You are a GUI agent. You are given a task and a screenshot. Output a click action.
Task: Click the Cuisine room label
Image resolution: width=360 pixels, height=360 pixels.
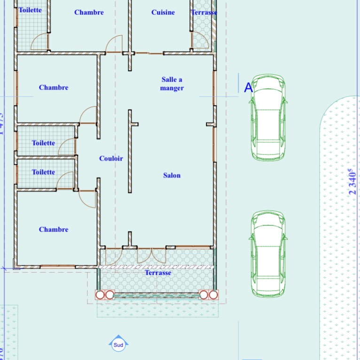(x=163, y=12)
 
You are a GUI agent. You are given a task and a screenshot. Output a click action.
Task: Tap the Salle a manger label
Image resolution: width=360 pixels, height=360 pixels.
(x=172, y=84)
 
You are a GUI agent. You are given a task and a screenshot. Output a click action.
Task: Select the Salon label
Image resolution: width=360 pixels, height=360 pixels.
(x=172, y=175)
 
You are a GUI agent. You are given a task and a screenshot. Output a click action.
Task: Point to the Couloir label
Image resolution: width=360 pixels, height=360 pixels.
(x=111, y=158)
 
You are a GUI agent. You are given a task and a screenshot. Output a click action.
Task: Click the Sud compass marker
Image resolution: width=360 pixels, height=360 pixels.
(x=118, y=345)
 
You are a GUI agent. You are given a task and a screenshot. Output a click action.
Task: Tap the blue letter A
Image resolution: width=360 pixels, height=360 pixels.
(x=248, y=87)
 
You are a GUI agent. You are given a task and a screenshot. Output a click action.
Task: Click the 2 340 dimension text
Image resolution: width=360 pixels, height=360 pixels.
(x=352, y=182)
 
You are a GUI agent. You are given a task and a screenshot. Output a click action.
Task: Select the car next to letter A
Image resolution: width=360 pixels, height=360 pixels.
(x=268, y=117)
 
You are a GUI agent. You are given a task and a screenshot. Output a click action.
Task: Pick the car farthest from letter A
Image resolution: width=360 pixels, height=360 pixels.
(x=268, y=253)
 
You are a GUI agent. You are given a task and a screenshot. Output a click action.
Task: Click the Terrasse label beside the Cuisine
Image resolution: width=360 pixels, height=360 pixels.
(x=204, y=12)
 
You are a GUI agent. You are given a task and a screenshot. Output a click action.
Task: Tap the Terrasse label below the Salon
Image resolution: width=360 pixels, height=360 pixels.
(x=158, y=273)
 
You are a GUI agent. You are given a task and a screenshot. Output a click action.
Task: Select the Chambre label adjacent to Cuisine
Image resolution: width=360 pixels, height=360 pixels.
(x=89, y=12)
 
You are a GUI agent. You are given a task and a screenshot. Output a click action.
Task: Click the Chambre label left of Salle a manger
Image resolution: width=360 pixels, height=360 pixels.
(x=54, y=87)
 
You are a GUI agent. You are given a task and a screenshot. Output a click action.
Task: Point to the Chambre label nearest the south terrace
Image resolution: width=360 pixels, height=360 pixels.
(x=54, y=229)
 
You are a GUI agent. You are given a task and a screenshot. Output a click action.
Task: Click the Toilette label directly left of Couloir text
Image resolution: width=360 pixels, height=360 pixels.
(x=43, y=172)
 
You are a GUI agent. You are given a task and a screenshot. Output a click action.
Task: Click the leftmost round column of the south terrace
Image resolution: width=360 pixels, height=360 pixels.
(x=100, y=295)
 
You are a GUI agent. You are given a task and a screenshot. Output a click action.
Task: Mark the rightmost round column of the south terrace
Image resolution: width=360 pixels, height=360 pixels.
(x=213, y=295)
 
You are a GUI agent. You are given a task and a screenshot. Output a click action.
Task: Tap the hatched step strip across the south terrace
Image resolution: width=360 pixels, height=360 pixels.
(x=157, y=267)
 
